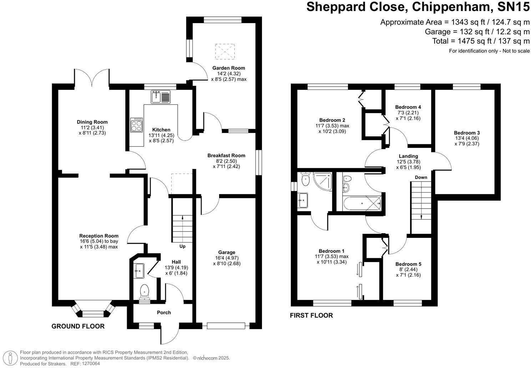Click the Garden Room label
[228, 68]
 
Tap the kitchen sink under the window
[161, 97]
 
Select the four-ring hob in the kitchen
[137, 125]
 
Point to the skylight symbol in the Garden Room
[225, 52]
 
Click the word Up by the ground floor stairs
[182, 246]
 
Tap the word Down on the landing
[421, 177]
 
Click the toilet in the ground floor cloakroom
[144, 292]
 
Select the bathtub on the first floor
[362, 203]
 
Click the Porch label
[164, 312]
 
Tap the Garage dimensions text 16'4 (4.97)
[227, 258]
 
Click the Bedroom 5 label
[408, 264]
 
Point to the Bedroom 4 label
[408, 107]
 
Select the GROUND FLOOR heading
[78, 326]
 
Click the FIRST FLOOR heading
[311, 316]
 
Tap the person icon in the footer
[10, 358]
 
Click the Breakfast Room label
[226, 155]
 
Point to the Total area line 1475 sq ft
[481, 41]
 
